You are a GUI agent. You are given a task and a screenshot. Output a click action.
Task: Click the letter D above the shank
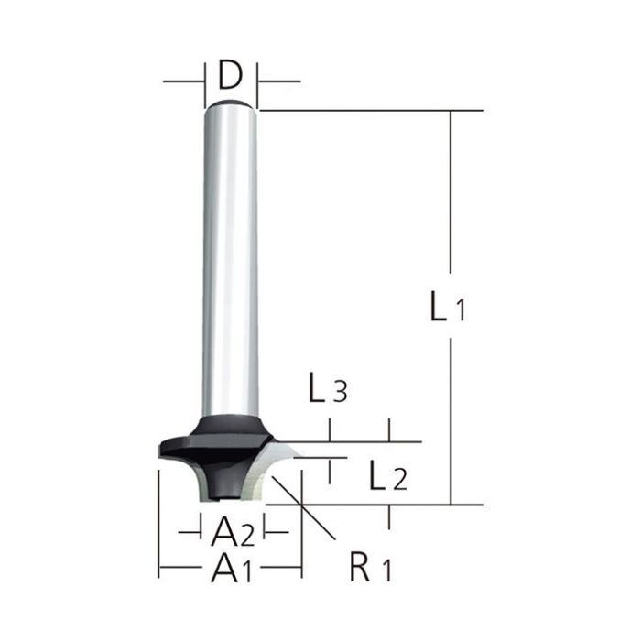point(229,74)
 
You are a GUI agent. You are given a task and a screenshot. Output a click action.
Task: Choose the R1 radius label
point(369,570)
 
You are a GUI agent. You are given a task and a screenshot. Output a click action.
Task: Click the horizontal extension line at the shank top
point(366,110)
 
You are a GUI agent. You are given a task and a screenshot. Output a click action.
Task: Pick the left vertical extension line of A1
point(158,522)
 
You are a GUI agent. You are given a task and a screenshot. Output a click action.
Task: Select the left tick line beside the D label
point(203,81)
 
